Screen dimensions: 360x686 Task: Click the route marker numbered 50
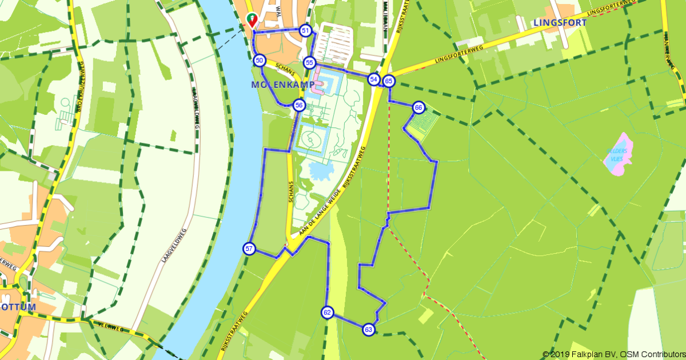(x=260, y=60)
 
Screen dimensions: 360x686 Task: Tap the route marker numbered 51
(x=305, y=30)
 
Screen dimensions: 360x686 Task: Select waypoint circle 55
(x=309, y=62)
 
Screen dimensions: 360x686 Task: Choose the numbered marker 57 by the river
(x=249, y=249)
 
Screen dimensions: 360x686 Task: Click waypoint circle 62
(x=327, y=313)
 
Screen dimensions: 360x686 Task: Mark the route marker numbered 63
(x=368, y=329)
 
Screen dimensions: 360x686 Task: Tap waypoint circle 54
(x=374, y=79)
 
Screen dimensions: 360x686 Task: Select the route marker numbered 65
(x=389, y=81)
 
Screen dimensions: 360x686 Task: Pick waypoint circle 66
(x=418, y=107)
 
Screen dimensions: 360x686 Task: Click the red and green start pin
(x=252, y=19)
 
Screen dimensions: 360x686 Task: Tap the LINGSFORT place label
(x=559, y=23)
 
